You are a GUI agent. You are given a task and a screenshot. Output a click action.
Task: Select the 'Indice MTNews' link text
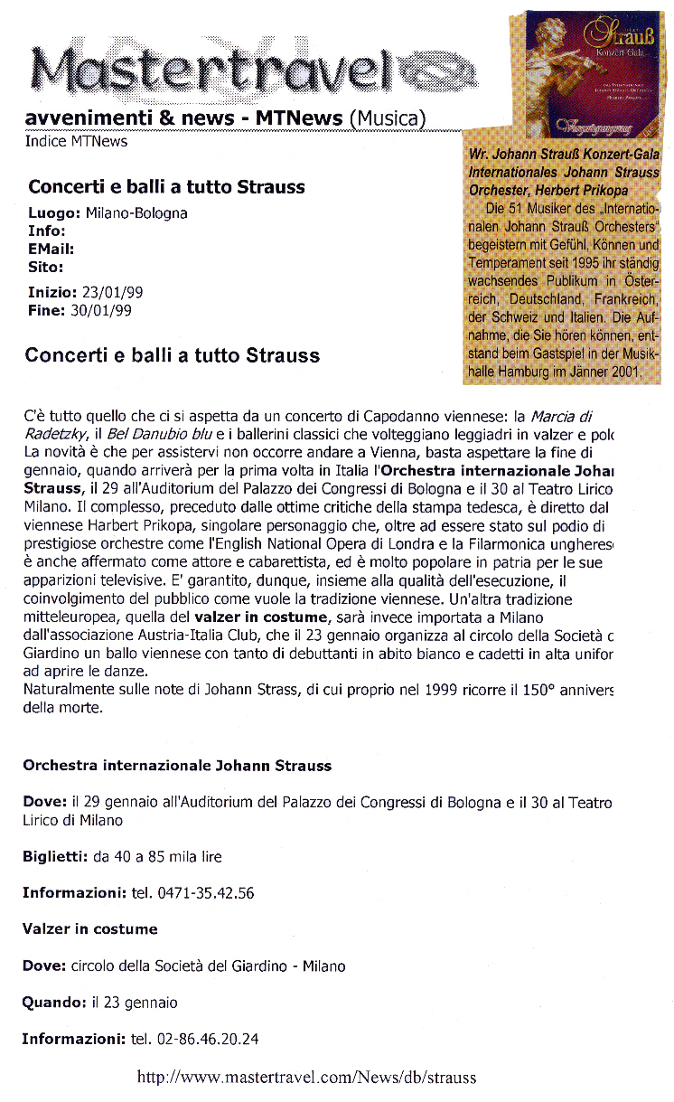pos(76,141)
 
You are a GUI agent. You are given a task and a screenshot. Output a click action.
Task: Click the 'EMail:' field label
pos(51,249)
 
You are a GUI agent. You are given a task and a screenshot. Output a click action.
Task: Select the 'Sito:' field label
pos(46,267)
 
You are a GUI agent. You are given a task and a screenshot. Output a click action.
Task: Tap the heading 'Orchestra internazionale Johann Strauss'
pos(177,766)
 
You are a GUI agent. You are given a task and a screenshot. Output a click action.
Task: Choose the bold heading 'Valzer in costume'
pos(90,929)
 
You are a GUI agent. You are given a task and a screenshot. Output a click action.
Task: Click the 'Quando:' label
pos(54,1003)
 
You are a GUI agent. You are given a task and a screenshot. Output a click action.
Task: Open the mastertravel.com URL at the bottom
pos(306,1077)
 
